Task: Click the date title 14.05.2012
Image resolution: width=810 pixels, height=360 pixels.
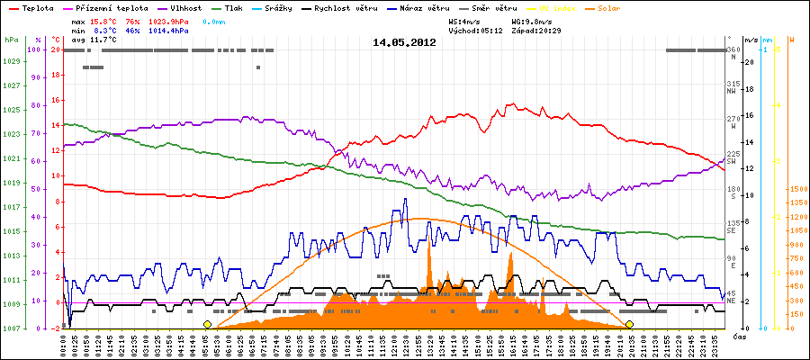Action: pyautogui.click(x=404, y=42)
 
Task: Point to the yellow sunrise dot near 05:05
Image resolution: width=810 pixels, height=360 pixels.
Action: pyautogui.click(x=207, y=324)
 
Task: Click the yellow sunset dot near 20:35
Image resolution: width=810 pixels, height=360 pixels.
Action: pyautogui.click(x=629, y=324)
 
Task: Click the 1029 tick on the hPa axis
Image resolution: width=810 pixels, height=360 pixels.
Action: pyautogui.click(x=11, y=61)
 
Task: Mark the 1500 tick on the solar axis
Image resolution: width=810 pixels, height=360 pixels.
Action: pyautogui.click(x=796, y=189)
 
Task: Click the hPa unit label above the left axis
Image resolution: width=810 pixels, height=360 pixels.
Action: pyautogui.click(x=10, y=40)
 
